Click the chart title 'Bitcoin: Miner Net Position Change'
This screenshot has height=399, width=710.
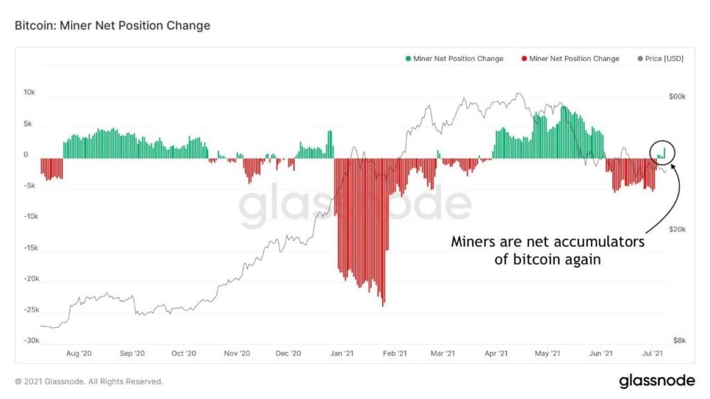(112, 26)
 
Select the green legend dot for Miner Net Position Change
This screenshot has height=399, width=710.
(408, 59)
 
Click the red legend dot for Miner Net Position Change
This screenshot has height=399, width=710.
(524, 59)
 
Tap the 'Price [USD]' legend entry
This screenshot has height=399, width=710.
(664, 59)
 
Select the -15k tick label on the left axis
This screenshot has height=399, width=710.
(30, 248)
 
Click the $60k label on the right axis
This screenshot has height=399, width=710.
(677, 97)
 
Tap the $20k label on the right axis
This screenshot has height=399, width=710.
(677, 229)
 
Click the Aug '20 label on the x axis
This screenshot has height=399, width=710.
(78, 353)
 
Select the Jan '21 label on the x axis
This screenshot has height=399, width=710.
(343, 353)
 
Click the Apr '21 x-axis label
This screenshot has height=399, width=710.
(496, 353)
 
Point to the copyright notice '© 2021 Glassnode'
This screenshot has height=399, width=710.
(89, 381)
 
